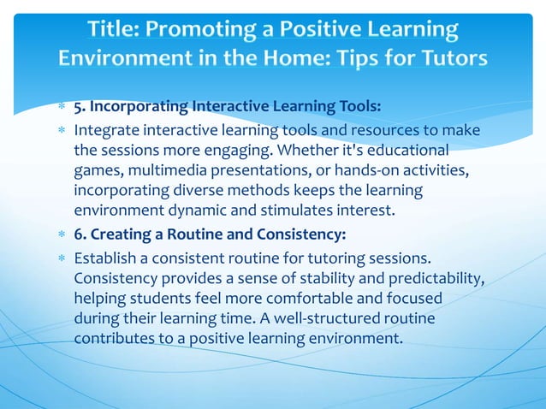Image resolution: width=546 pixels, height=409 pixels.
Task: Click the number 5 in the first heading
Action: pos(78,107)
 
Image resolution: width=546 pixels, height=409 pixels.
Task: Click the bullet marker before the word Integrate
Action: pos(62,131)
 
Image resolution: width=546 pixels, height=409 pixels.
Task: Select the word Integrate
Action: pos(104,130)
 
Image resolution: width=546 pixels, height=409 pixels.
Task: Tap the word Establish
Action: pos(105,258)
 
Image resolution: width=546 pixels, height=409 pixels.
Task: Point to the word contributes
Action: pos(112,336)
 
